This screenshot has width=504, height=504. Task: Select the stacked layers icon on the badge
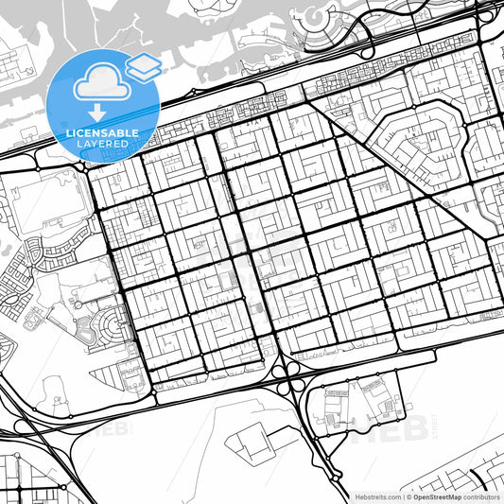(x=143, y=65)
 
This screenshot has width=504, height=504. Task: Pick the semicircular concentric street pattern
(x=110, y=327)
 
